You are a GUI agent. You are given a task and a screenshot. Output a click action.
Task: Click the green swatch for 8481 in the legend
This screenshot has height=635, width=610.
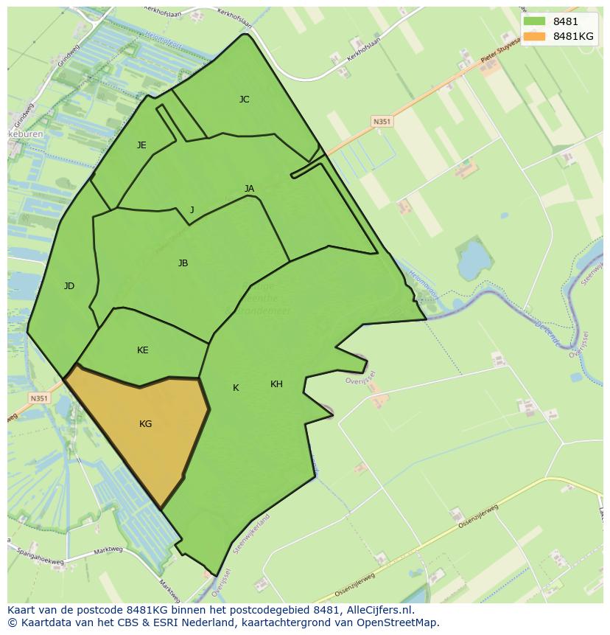(x=535, y=21)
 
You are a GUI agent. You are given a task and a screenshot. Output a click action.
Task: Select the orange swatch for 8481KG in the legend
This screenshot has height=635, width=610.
(x=535, y=36)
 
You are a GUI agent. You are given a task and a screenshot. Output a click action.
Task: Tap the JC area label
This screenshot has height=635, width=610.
(x=244, y=100)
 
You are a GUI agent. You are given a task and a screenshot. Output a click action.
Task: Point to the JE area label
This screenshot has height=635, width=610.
(x=141, y=145)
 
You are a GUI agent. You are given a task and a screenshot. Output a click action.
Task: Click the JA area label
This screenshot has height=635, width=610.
(x=249, y=189)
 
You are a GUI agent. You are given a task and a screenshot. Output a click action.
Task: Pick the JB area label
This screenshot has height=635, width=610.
(x=183, y=263)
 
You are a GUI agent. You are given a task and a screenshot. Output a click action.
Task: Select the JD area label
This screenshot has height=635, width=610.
(x=69, y=286)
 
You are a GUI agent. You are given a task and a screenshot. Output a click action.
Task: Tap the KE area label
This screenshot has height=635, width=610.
(x=142, y=350)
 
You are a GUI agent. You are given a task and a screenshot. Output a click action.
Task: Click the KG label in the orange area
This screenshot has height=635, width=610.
(x=145, y=424)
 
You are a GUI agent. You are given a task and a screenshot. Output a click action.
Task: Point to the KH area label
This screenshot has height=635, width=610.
(x=276, y=384)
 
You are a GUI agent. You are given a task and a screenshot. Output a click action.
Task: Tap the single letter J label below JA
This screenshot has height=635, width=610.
(x=192, y=210)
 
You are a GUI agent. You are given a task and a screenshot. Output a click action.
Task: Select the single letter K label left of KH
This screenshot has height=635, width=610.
(x=236, y=388)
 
